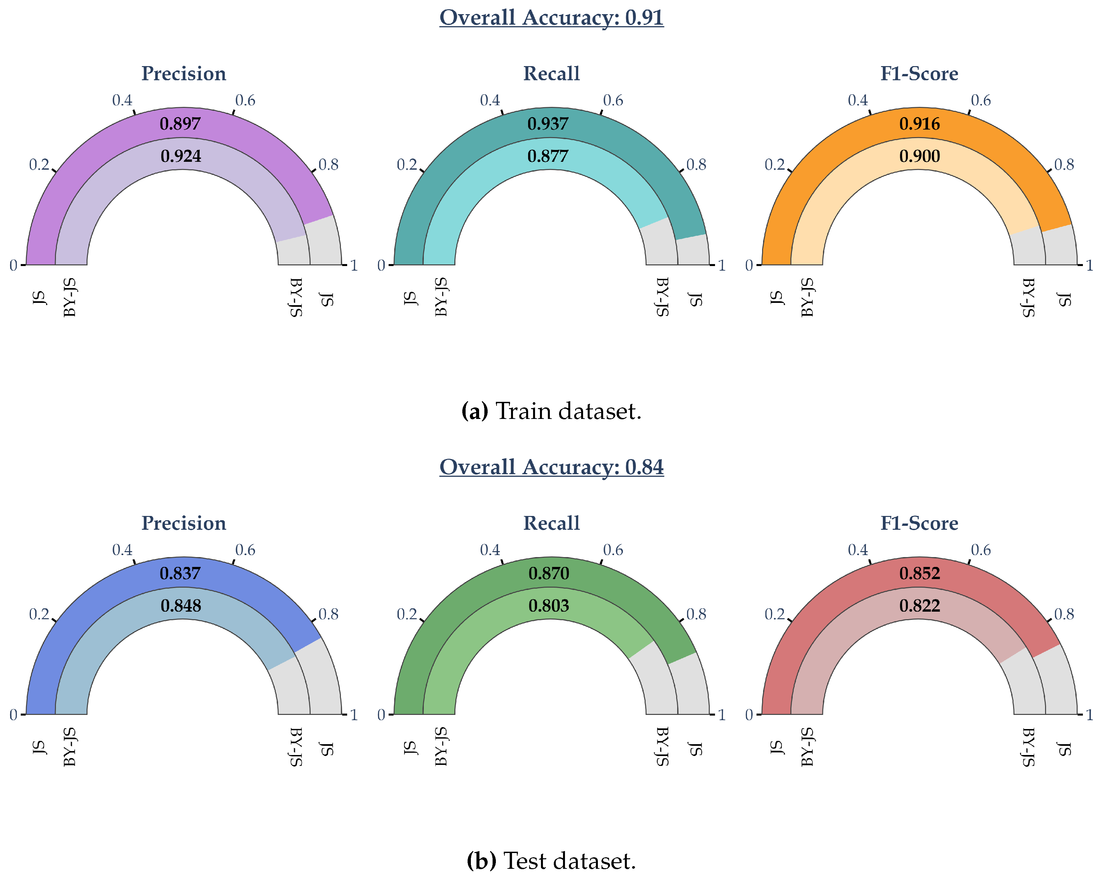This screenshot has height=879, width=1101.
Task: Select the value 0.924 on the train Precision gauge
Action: click(181, 156)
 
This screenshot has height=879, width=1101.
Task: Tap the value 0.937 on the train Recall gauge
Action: click(548, 124)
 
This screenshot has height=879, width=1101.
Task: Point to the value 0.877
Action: click(548, 156)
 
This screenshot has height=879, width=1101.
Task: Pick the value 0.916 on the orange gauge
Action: click(919, 124)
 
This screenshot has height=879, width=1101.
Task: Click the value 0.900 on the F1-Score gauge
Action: click(919, 156)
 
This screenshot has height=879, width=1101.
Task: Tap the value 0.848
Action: click(181, 605)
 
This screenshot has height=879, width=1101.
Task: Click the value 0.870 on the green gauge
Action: click(549, 573)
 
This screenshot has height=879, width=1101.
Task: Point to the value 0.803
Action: click(549, 605)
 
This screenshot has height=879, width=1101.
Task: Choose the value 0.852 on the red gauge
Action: click(919, 573)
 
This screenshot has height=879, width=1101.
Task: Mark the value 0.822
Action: click(919, 605)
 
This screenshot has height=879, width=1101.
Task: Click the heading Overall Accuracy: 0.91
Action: click(551, 17)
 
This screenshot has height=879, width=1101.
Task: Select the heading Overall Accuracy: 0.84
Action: click(551, 467)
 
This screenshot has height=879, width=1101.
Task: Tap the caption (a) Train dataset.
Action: click(551, 411)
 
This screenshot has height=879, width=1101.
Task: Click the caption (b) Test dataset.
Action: click(551, 861)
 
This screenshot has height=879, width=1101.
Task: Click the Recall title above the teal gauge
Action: click(551, 74)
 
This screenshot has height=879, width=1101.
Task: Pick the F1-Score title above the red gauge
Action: click(919, 523)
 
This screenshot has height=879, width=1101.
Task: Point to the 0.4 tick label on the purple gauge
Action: click(122, 100)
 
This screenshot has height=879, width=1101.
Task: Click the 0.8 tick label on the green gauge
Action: click(696, 614)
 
